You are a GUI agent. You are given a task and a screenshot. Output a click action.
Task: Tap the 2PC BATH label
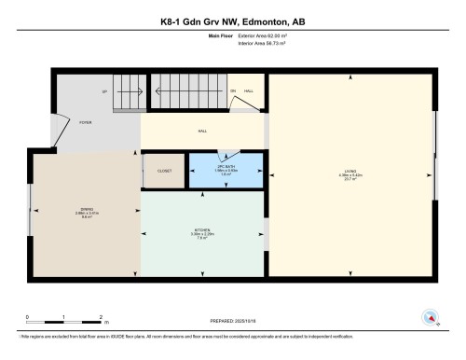coord(225,167)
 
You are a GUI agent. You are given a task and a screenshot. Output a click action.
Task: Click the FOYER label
coord(85,122)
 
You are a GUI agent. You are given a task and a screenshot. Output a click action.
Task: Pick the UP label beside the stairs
coord(104,91)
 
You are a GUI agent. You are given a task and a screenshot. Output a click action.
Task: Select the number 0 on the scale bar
coord(27,317)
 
